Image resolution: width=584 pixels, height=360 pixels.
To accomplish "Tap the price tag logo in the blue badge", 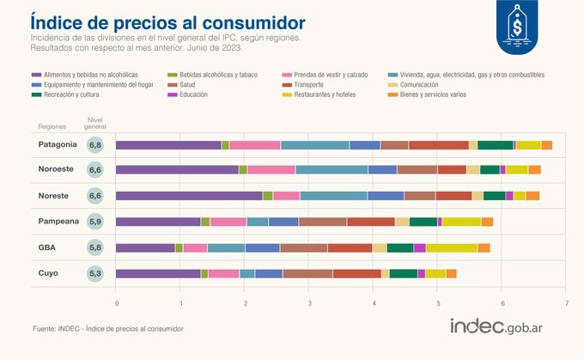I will pyautogui.click(x=517, y=27).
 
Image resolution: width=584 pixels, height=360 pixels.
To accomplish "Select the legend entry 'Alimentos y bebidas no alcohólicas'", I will pyautogui.click(x=85, y=75).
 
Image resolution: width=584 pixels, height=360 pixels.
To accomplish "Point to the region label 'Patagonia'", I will pyautogui.click(x=58, y=144).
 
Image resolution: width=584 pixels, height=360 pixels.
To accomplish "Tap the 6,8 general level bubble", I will pyautogui.click(x=97, y=145).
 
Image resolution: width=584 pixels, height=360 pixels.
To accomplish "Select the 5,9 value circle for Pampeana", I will pyautogui.click(x=97, y=222).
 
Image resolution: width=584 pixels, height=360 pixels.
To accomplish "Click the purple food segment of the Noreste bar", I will pyautogui.click(x=189, y=196).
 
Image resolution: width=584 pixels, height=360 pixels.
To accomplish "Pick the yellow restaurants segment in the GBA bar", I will pyautogui.click(x=451, y=247).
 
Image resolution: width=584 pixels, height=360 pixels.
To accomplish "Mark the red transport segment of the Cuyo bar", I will pyautogui.click(x=356, y=273).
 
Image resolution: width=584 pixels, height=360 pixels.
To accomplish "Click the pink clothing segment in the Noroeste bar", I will pyautogui.click(x=271, y=170).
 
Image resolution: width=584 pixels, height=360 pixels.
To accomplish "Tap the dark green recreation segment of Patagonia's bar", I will pyautogui.click(x=495, y=144).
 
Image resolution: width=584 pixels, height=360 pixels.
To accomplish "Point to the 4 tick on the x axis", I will pyautogui.click(x=374, y=303).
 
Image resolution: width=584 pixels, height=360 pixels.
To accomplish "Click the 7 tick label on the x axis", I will pyautogui.click(x=567, y=303).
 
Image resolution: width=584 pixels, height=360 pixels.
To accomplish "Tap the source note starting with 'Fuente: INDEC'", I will pyautogui.click(x=107, y=329).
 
